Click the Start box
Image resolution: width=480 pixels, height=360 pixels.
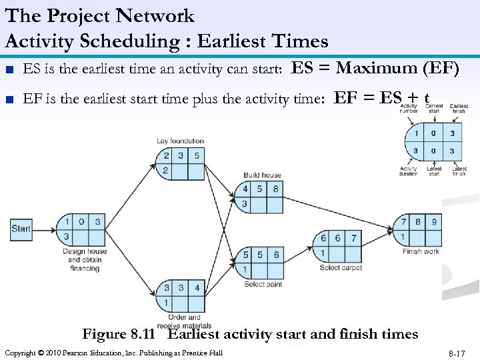[21, 229]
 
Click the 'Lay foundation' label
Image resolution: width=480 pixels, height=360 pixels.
[180, 141]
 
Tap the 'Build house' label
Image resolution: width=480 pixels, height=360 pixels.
[262, 175]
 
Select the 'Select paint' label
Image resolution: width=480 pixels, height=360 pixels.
[263, 284]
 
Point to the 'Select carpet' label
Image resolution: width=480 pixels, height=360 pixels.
[340, 267]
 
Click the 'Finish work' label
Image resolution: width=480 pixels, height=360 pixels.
[421, 251]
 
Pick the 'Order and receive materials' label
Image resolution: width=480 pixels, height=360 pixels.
[184, 321]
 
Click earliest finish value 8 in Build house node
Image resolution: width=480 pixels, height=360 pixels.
[275, 189]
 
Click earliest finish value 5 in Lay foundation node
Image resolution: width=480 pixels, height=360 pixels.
[196, 156]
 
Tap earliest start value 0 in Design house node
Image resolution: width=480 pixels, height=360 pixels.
[81, 222]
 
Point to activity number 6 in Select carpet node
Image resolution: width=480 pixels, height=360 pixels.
[323, 238]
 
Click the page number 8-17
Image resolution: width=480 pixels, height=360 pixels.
[456, 353]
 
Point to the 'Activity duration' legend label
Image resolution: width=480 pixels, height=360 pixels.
[408, 171]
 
